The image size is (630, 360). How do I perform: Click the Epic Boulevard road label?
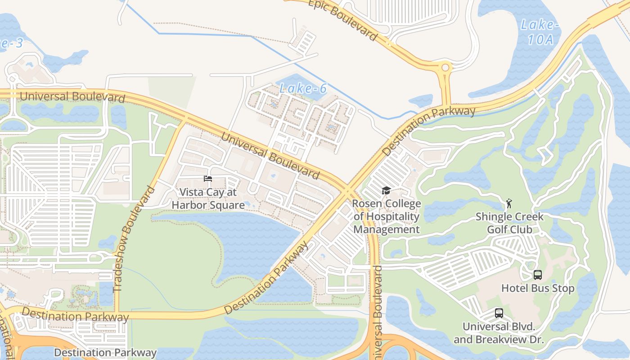(x=342, y=19)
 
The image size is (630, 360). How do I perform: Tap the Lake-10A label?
(x=540, y=32)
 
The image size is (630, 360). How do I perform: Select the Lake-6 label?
(x=303, y=89)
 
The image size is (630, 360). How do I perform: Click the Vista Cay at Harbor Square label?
(x=208, y=198)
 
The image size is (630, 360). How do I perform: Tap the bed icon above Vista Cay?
(x=208, y=179)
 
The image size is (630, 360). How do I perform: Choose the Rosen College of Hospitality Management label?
(x=386, y=216)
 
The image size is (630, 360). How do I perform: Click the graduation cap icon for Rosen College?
(x=386, y=191)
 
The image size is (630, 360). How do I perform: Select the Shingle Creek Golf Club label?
(x=509, y=223)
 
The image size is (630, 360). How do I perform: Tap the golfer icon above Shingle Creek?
(x=509, y=203)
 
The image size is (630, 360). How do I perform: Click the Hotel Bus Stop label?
(x=538, y=288)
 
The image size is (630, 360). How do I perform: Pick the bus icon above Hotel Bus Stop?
(x=537, y=274)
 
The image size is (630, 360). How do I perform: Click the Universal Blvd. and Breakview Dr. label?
(x=499, y=333)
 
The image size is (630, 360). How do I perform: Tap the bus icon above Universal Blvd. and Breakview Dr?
(x=499, y=313)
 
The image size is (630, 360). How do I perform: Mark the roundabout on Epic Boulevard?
(x=445, y=68)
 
